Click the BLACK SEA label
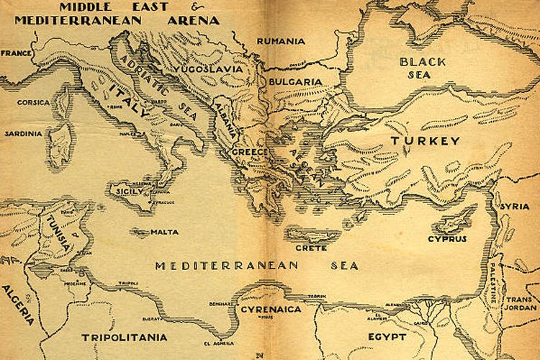(423, 68)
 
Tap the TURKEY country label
(425, 142)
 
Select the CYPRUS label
(447, 238)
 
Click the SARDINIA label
(23, 134)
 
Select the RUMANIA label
(281, 41)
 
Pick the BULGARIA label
(295, 82)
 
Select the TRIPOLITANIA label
(124, 337)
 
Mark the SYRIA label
(515, 206)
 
